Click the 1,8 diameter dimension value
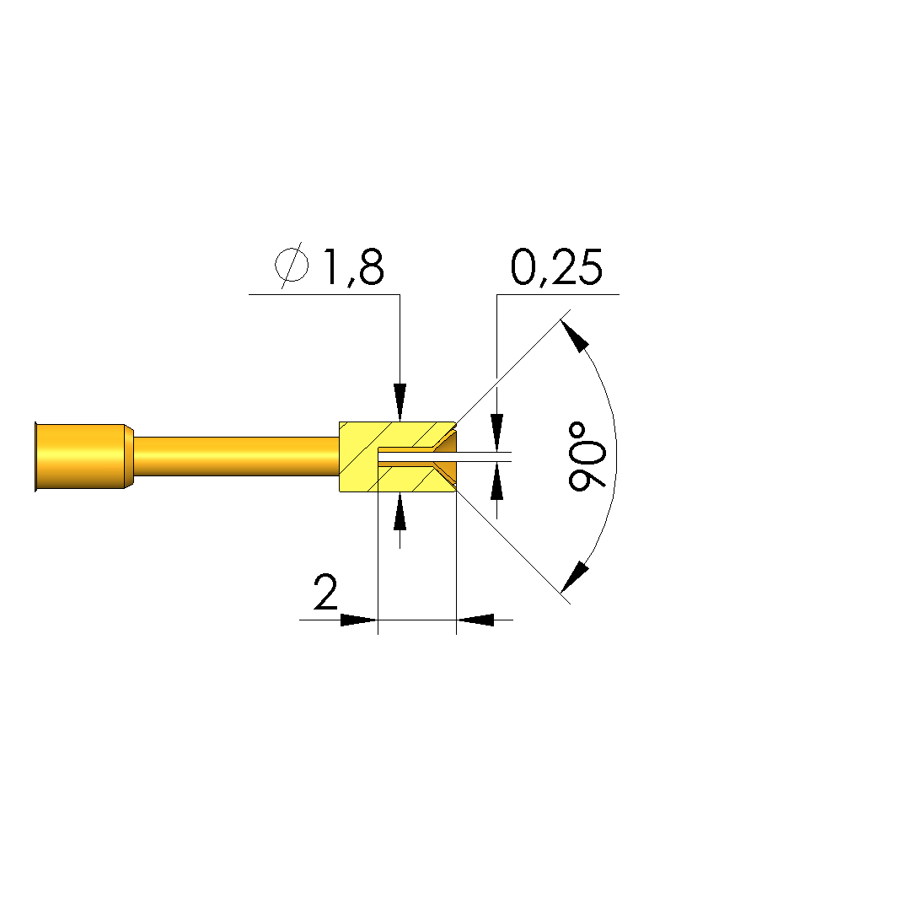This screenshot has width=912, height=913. (353, 267)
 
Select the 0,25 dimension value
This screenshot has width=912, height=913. (555, 266)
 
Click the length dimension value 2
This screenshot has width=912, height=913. (325, 592)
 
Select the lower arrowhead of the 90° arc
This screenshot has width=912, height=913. (574, 577)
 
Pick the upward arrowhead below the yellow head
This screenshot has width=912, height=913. (400, 512)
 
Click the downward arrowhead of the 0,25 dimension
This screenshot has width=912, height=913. (496, 432)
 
